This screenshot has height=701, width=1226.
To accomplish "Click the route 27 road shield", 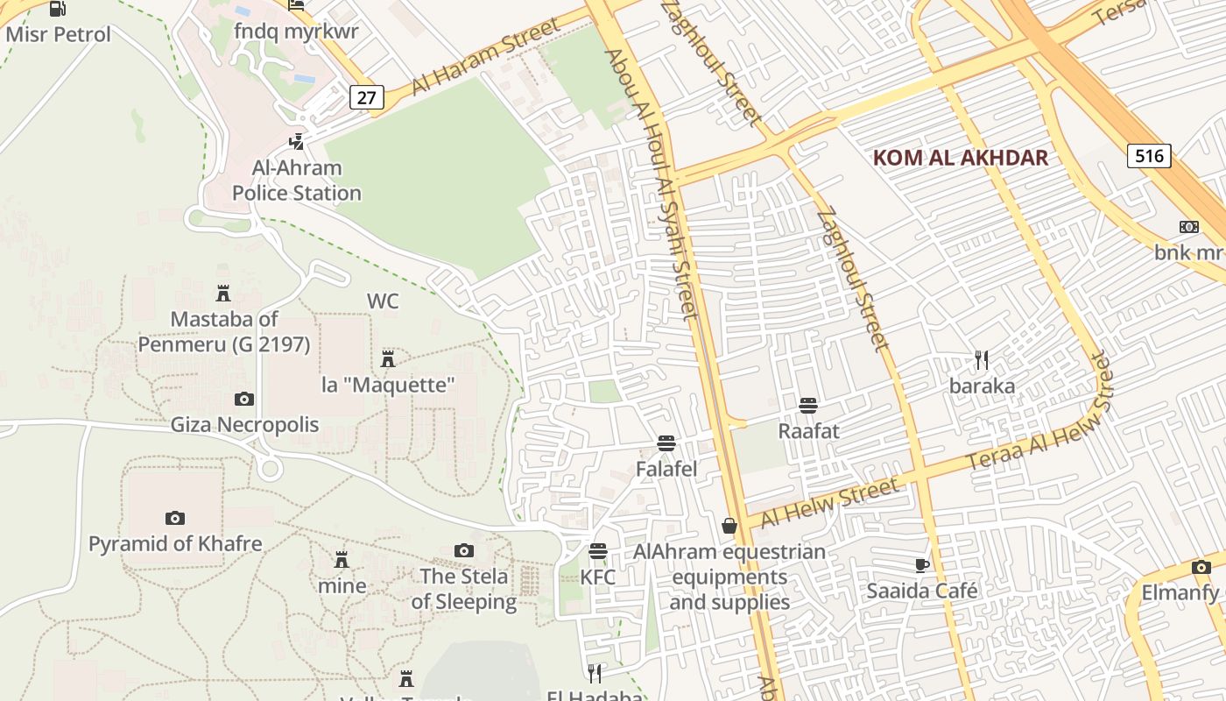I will [366, 97].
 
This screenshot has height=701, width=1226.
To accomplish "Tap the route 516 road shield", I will [1148, 156].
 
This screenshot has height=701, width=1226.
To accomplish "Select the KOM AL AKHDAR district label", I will [961, 158].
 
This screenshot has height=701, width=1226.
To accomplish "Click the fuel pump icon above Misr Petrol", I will [58, 10].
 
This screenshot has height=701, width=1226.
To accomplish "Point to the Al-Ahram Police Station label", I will [296, 181].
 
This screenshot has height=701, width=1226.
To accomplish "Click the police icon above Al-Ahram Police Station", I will [297, 141].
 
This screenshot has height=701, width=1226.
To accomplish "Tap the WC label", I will [383, 301].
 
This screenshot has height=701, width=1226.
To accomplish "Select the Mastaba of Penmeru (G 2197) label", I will [224, 332].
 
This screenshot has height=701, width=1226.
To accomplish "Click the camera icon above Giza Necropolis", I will [244, 400].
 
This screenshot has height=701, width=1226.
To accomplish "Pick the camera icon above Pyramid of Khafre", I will [175, 518].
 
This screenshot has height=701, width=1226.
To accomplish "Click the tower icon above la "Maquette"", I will [388, 358].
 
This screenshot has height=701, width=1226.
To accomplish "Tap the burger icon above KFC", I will [598, 551].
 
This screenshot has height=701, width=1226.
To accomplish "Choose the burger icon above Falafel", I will [666, 443].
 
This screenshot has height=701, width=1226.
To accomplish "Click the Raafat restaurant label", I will [808, 431].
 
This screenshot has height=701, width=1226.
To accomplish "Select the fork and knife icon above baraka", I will [982, 360].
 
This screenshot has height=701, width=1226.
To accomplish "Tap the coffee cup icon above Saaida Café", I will [921, 565].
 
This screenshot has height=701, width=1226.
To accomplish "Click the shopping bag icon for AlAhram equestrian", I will [729, 526].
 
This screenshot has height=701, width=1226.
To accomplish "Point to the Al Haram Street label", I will [485, 55].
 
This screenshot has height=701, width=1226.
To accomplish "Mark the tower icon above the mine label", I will [342, 560].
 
